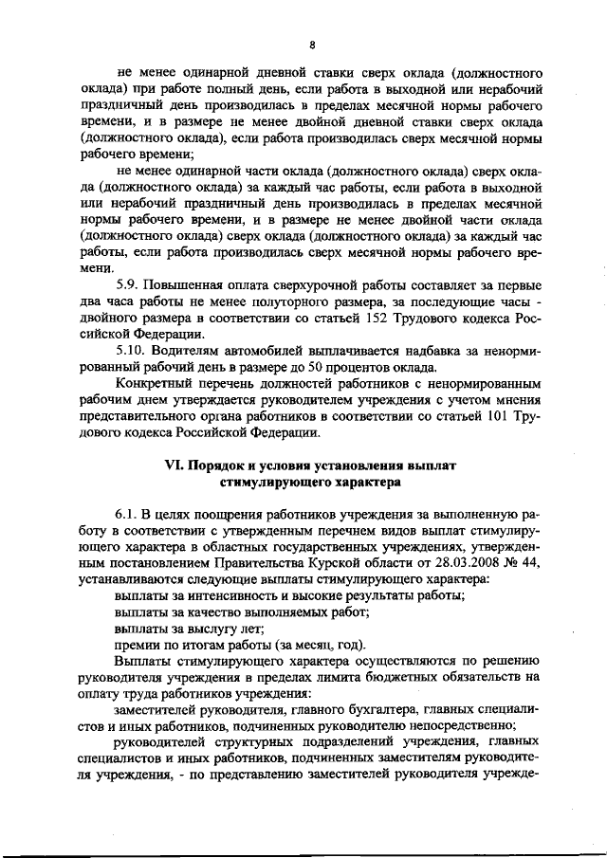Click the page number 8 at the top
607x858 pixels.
point(311,44)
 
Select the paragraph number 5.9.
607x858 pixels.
point(127,285)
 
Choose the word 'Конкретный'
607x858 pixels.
point(153,383)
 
